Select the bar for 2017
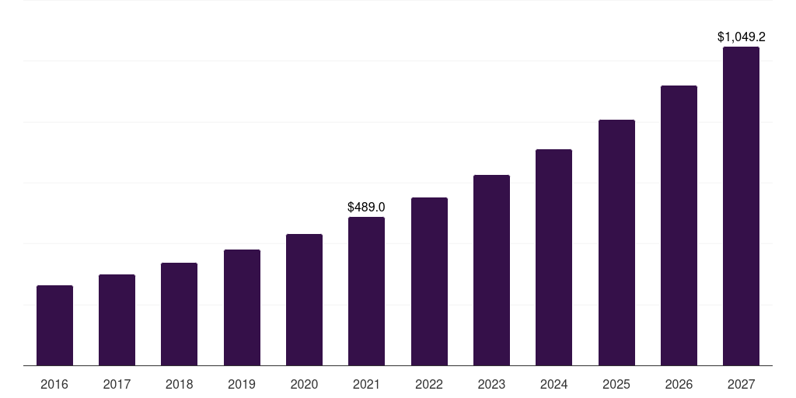(x=117, y=319)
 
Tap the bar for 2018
(x=179, y=314)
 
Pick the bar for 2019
(x=242, y=307)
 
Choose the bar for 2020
(x=304, y=299)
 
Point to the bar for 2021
(x=366, y=291)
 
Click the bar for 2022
(x=429, y=281)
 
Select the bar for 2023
(x=491, y=270)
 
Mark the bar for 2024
(x=553, y=257)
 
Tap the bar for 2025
(x=616, y=243)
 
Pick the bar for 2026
(x=679, y=225)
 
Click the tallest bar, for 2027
(x=741, y=206)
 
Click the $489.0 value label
(x=366, y=207)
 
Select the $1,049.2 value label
(x=741, y=37)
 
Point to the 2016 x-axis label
(x=54, y=384)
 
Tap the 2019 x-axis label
(x=242, y=384)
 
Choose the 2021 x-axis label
(x=366, y=384)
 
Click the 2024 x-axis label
(x=553, y=384)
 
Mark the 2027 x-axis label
(x=741, y=384)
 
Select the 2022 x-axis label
(x=429, y=384)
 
